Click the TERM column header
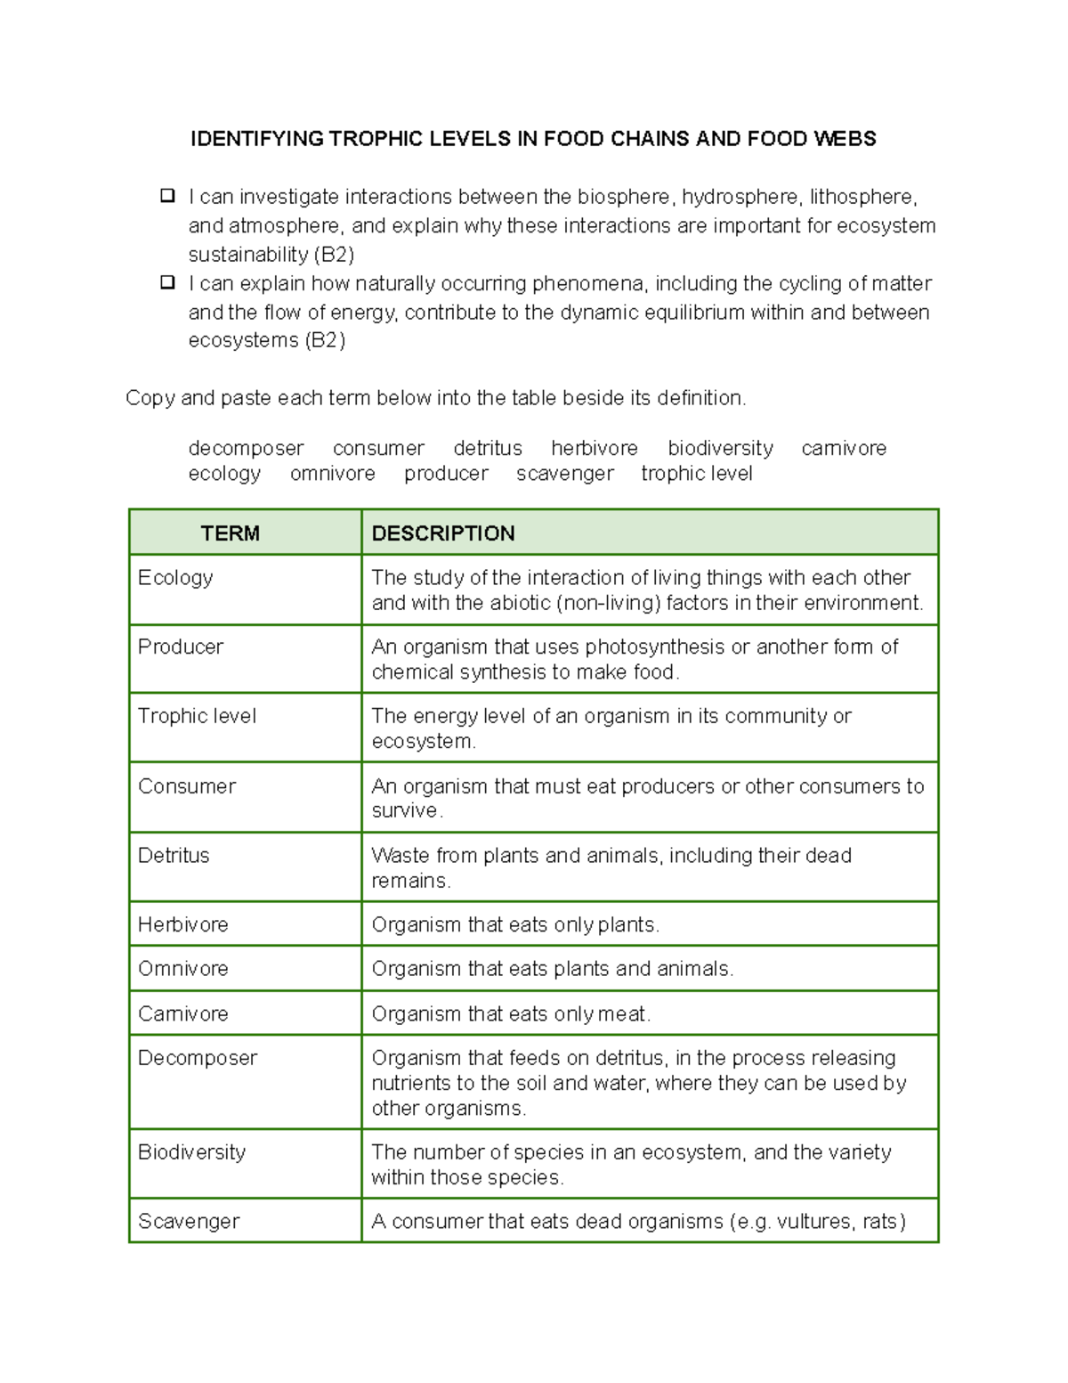tap(230, 533)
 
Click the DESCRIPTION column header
tap(442, 533)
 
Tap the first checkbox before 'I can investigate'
tap(167, 196)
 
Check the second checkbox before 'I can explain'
tap(167, 283)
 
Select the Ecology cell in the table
tap(175, 578)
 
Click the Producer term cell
tap(181, 647)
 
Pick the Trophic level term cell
tap(197, 717)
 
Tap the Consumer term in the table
tap(187, 786)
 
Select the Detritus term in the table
tap(174, 856)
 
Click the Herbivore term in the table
tap(182, 925)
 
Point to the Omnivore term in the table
tap(182, 969)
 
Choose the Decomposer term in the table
tap(198, 1058)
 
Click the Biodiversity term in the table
tap(191, 1152)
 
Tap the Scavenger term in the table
tap(189, 1222)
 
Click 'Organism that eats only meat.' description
tap(511, 1014)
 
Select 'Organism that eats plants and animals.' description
tap(552, 969)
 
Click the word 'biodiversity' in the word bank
tap(720, 449)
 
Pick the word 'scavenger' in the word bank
tap(564, 474)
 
